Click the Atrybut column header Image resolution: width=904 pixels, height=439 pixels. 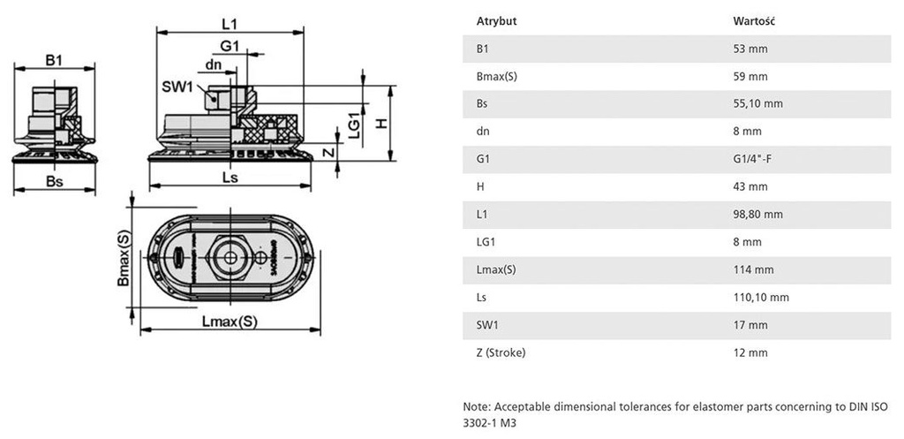coord(496,20)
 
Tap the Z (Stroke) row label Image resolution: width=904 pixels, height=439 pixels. coord(501,352)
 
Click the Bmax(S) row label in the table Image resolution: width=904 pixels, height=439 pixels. coord(496,76)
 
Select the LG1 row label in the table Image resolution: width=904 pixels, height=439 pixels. coord(485,241)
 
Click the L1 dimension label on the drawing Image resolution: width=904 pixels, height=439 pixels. coord(232,24)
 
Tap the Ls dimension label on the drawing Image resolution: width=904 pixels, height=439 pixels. coord(230,177)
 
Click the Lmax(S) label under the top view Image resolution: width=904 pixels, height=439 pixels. coord(230,322)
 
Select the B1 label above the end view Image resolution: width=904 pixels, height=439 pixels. coord(54,59)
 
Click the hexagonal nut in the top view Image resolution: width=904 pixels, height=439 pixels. coord(230,258)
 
